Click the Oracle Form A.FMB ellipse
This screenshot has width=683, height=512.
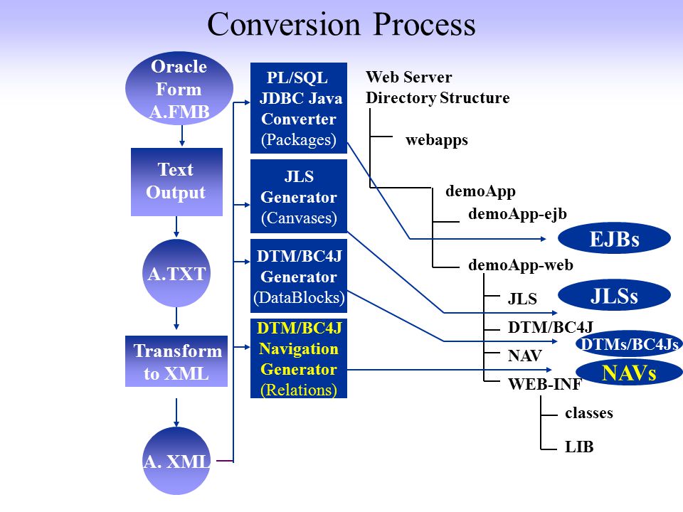(x=179, y=88)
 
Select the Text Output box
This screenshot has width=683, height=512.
(x=177, y=182)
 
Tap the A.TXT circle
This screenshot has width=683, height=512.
(x=176, y=273)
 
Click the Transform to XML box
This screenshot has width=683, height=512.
(x=176, y=361)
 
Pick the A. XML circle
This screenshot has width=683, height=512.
(x=176, y=461)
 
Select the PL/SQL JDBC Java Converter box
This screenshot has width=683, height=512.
(x=299, y=108)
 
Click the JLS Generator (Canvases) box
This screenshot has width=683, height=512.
(x=299, y=196)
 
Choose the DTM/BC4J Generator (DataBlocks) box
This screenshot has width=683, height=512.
(x=299, y=276)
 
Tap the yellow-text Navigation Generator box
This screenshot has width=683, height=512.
(x=299, y=358)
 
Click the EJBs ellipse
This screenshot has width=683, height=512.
(x=614, y=239)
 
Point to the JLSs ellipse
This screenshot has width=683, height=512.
(x=614, y=296)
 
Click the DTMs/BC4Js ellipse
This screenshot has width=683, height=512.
(x=630, y=344)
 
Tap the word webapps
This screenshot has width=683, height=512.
(x=436, y=140)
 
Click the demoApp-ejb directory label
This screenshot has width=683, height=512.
(x=517, y=214)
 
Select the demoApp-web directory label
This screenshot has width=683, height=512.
(x=521, y=265)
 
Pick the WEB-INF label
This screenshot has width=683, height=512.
(x=544, y=384)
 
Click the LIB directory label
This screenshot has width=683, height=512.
(x=579, y=447)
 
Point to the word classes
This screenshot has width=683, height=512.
(x=589, y=412)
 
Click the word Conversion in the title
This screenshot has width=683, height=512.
(x=284, y=24)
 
